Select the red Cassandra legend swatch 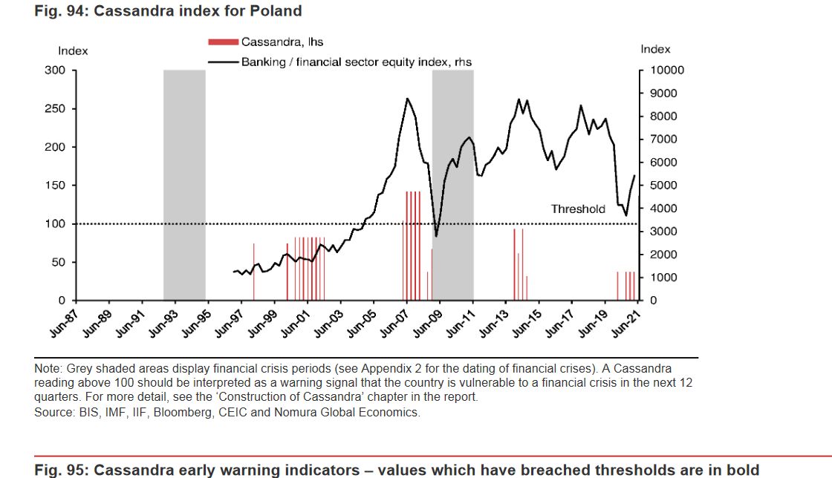pyautogui.click(x=223, y=42)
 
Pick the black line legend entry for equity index pyautogui.click(x=223, y=62)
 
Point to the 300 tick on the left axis pyautogui.click(x=58, y=71)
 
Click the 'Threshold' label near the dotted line pyautogui.click(x=578, y=209)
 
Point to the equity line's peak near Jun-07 pyautogui.click(x=407, y=98)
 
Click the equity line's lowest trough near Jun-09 pyautogui.click(x=436, y=236)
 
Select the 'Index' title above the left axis pyautogui.click(x=73, y=51)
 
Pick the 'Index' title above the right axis pyautogui.click(x=655, y=49)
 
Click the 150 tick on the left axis pyautogui.click(x=58, y=186)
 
